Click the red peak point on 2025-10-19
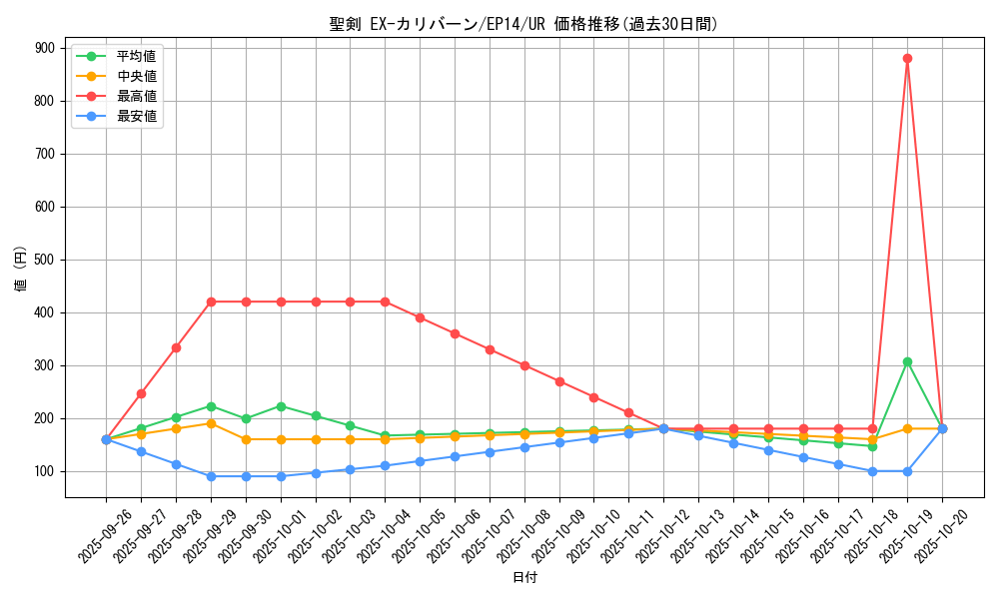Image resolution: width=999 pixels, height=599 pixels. pos(907,58)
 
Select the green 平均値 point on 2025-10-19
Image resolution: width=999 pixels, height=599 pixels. pos(907,361)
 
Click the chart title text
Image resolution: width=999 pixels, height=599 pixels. pos(523,24)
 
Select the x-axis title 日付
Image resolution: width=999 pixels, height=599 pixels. pos(523,578)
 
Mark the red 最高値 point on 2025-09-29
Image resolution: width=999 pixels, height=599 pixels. pos(211,301)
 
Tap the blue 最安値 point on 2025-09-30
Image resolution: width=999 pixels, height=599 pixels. pos(246,476)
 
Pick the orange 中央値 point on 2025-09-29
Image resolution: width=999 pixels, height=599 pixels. pos(211,423)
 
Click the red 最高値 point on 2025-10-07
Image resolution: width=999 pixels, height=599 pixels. pos(490,349)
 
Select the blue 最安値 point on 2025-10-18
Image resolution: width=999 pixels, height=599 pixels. pos(872,471)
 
